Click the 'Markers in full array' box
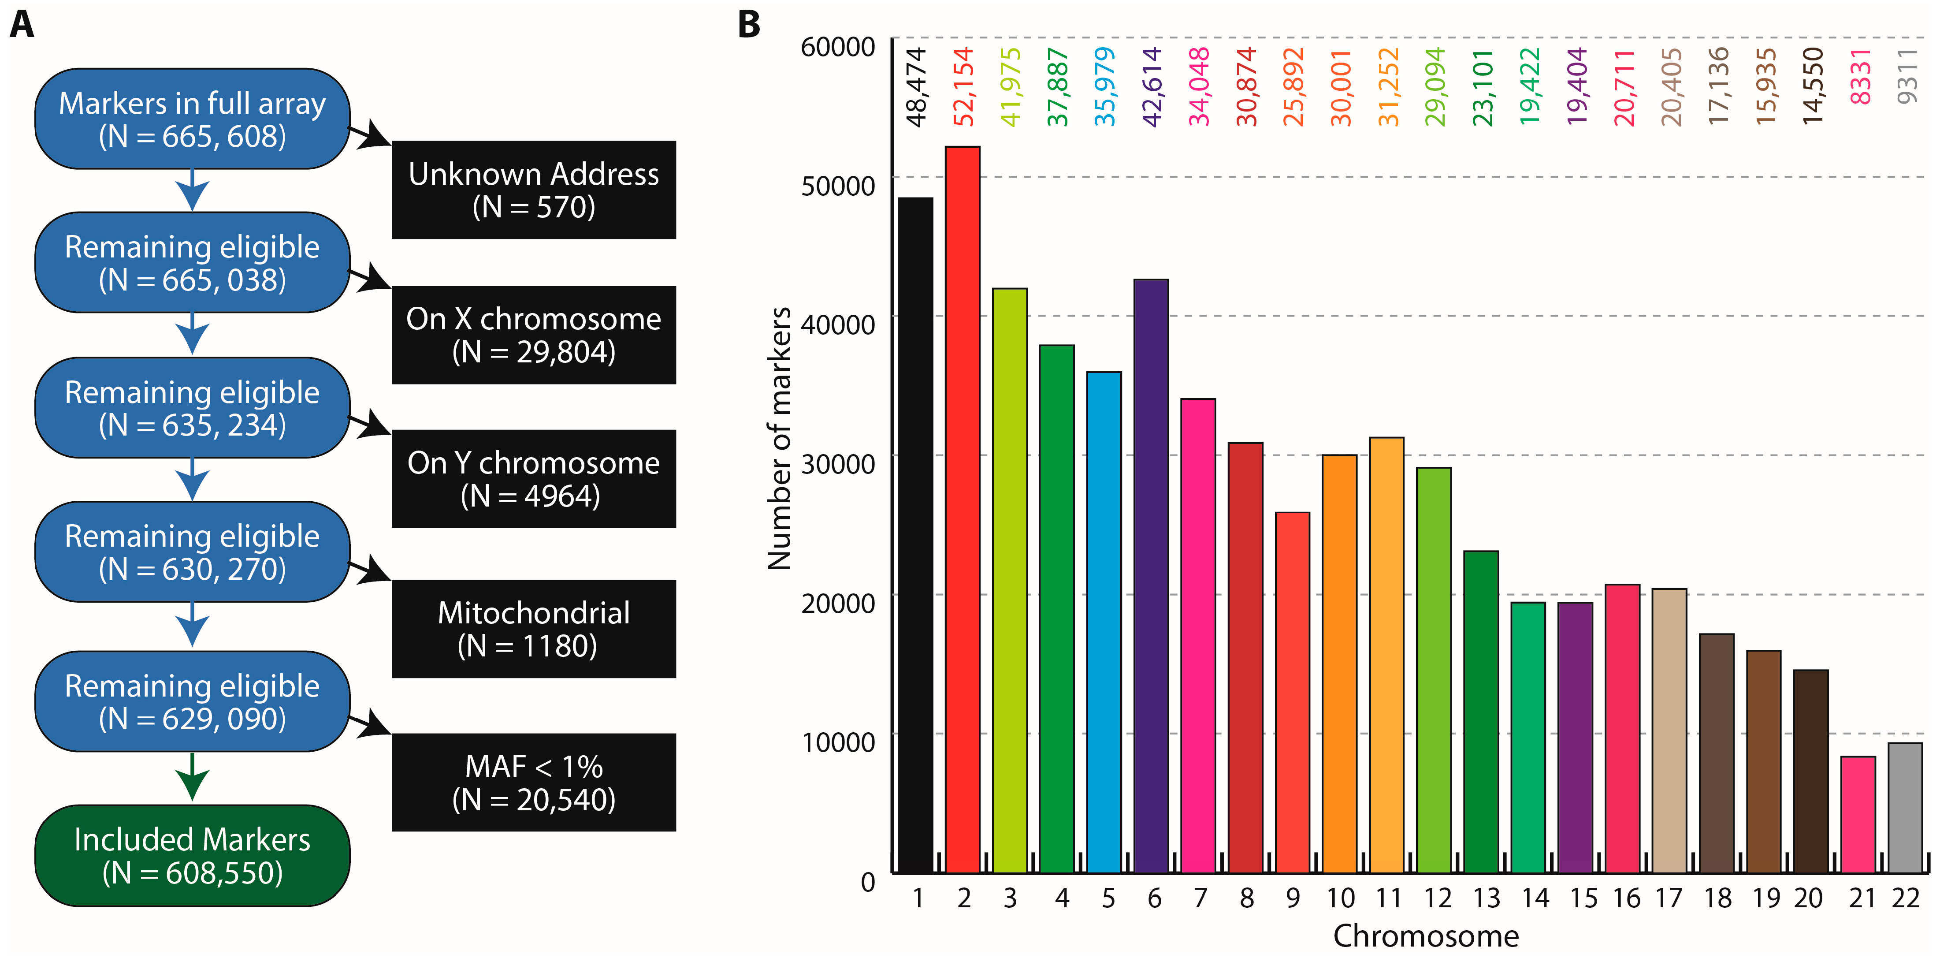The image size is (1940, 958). pyautogui.click(x=192, y=119)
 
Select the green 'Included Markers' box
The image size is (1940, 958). pyautogui.click(x=192, y=856)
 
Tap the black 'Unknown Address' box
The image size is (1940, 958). pyautogui.click(x=533, y=190)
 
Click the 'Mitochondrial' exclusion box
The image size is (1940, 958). pyautogui.click(x=533, y=629)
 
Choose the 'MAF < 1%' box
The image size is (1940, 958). pyautogui.click(x=533, y=783)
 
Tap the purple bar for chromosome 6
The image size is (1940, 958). pyautogui.click(x=1151, y=576)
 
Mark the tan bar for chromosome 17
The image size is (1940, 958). pyautogui.click(x=1669, y=731)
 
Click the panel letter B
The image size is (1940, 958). pyautogui.click(x=749, y=24)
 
